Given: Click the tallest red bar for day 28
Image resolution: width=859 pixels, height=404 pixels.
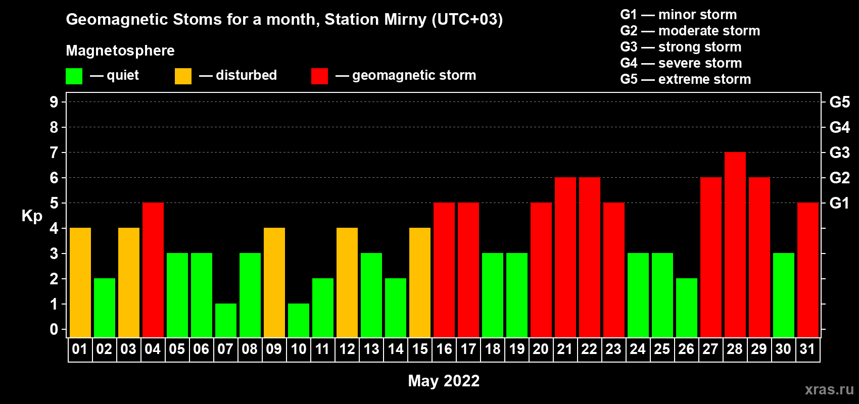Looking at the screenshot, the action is pos(735,244).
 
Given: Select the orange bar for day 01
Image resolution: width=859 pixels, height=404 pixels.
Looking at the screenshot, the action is pos(80,282).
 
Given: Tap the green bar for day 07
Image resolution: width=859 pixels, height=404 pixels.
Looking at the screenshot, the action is pos(226,321).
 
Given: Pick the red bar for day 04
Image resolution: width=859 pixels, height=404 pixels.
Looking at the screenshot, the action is pos(153,270).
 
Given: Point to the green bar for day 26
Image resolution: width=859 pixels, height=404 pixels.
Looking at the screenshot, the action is pos(686,308).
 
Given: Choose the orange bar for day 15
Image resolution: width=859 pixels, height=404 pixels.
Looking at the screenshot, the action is pos(420,282).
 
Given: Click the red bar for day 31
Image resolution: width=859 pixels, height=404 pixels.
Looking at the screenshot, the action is pos(808,270).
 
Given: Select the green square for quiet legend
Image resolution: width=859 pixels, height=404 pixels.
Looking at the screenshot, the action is pos(74,76).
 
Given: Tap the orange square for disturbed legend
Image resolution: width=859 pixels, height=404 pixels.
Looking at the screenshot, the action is pos(183,76).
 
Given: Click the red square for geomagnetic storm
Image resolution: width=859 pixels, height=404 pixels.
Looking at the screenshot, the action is pos(319,76).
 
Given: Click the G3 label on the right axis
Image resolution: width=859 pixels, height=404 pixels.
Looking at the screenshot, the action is pos(839,153).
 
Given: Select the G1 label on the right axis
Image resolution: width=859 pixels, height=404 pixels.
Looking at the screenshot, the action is pos(839,203).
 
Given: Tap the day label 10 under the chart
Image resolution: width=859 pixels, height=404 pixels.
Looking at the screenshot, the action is pos(298,349).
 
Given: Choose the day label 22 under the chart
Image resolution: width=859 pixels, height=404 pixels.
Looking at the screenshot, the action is pos(589,349).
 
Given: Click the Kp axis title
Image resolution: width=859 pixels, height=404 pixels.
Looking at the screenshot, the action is pos(32,216).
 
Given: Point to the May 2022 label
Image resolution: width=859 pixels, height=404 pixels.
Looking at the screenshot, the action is pos(444,381).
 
